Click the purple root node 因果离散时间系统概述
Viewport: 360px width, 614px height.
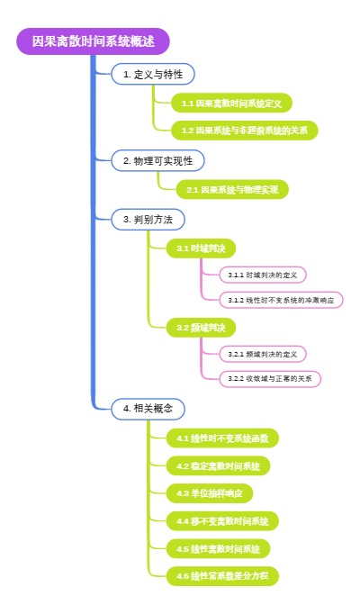point(93,41)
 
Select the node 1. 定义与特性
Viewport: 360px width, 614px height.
point(152,75)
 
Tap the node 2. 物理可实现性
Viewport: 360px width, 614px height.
point(157,160)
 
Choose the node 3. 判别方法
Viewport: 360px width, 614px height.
point(148,220)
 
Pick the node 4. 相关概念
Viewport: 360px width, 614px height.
point(148,408)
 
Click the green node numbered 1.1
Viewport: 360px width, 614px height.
point(231,104)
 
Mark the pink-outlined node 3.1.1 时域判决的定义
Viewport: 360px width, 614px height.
point(267,275)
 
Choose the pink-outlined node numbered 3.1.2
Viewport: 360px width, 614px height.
point(282,300)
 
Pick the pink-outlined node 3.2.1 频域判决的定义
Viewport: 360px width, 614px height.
point(267,353)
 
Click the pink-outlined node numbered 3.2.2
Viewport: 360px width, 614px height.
point(270,378)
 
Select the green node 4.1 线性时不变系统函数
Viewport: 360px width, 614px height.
point(222,438)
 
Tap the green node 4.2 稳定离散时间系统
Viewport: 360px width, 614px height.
point(219,465)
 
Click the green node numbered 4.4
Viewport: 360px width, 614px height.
point(222,520)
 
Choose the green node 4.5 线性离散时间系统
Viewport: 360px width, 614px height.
point(219,547)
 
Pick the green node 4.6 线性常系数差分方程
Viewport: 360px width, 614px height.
point(222,575)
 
